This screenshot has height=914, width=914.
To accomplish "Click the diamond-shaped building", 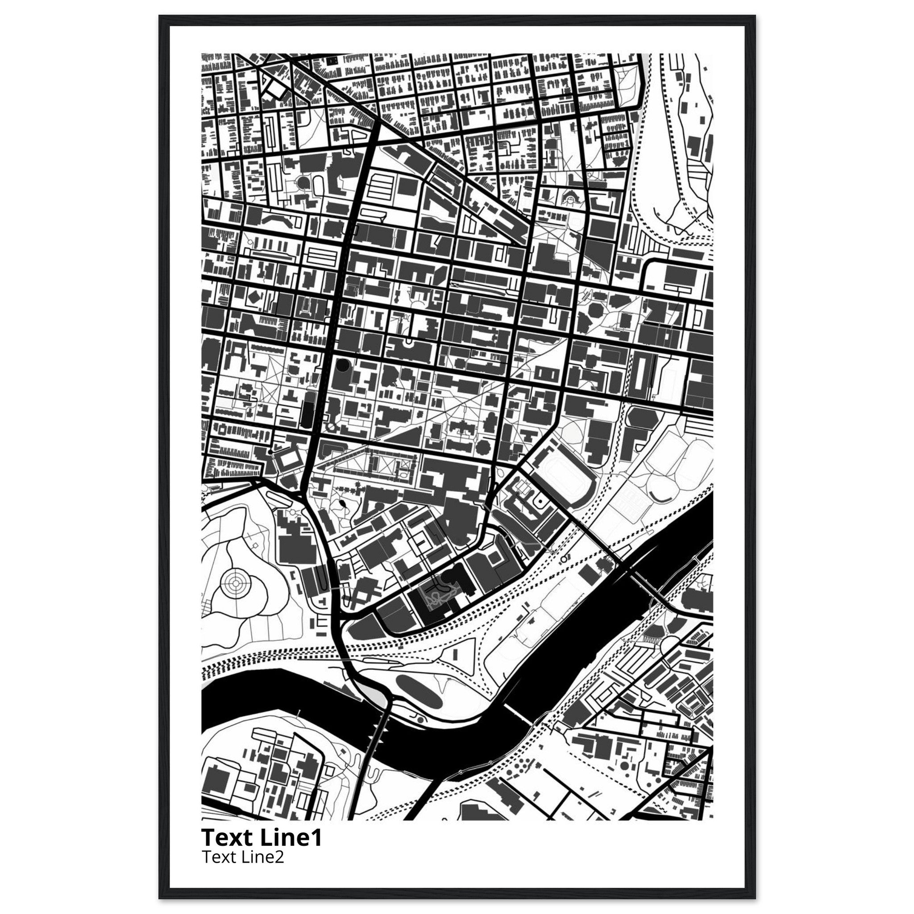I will click(x=253, y=298).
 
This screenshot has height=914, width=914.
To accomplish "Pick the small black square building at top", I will click(x=331, y=60).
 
